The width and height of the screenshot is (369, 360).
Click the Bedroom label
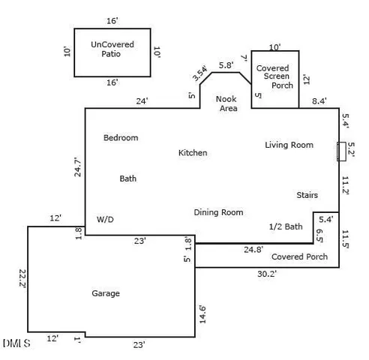(121, 138)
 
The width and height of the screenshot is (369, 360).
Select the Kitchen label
(193, 153)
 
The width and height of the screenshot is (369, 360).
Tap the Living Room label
(289, 145)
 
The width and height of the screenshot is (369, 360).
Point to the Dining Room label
(218, 212)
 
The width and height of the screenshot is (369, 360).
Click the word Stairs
(307, 195)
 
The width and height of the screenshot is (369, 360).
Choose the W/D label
(105, 220)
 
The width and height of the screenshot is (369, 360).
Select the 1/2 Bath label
(285, 226)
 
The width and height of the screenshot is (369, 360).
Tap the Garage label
(106, 293)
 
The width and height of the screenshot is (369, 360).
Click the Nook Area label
(227, 103)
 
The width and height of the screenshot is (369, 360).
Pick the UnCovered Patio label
(112, 49)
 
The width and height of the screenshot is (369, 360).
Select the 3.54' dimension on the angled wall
(200, 73)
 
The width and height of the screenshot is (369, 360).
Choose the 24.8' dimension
(253, 250)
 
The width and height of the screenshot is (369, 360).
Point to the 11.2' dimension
(346, 185)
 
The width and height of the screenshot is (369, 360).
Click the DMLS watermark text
(16, 343)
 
